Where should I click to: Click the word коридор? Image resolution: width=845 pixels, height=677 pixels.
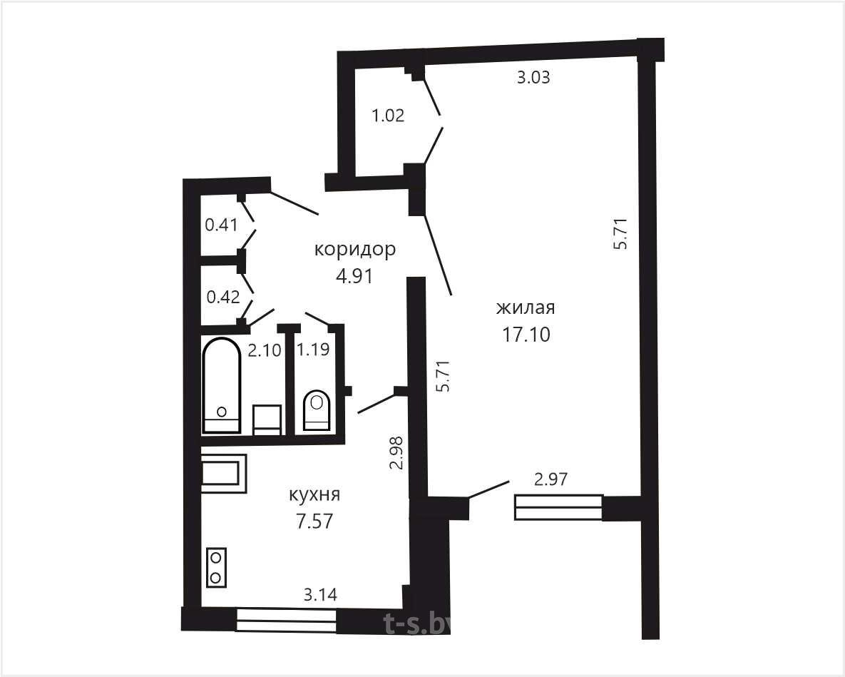tap(355, 250)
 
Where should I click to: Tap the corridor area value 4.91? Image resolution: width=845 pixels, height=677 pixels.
tap(354, 276)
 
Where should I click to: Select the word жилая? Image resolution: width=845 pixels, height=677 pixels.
tap(526, 308)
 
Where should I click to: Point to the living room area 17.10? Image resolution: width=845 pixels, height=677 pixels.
tap(526, 334)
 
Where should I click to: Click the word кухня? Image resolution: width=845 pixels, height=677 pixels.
tap(314, 495)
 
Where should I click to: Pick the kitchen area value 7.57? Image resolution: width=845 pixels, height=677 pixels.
tap(314, 521)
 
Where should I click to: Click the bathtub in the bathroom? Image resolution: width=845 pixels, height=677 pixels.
tap(221, 385)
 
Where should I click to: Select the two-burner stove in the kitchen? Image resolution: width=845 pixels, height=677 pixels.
tap(216, 568)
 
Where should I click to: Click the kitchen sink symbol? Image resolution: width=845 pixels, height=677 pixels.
tap(224, 474)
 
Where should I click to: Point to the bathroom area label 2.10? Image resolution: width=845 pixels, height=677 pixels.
tap(264, 350)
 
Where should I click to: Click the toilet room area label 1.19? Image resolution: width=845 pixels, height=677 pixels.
tap(313, 350)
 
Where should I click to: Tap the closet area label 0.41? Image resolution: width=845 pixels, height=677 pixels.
tap(222, 224)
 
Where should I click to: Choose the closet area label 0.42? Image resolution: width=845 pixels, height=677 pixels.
tap(223, 297)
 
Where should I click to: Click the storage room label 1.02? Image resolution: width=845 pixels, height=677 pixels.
tap(388, 116)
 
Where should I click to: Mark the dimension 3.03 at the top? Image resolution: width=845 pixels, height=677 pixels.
tap(533, 78)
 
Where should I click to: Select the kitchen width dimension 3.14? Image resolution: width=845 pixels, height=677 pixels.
tap(321, 595)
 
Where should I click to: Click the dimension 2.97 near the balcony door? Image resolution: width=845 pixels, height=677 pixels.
tap(550, 479)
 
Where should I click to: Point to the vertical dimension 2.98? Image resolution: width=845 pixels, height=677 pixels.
tap(397, 453)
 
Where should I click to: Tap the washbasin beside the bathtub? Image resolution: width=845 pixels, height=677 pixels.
tap(267, 420)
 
